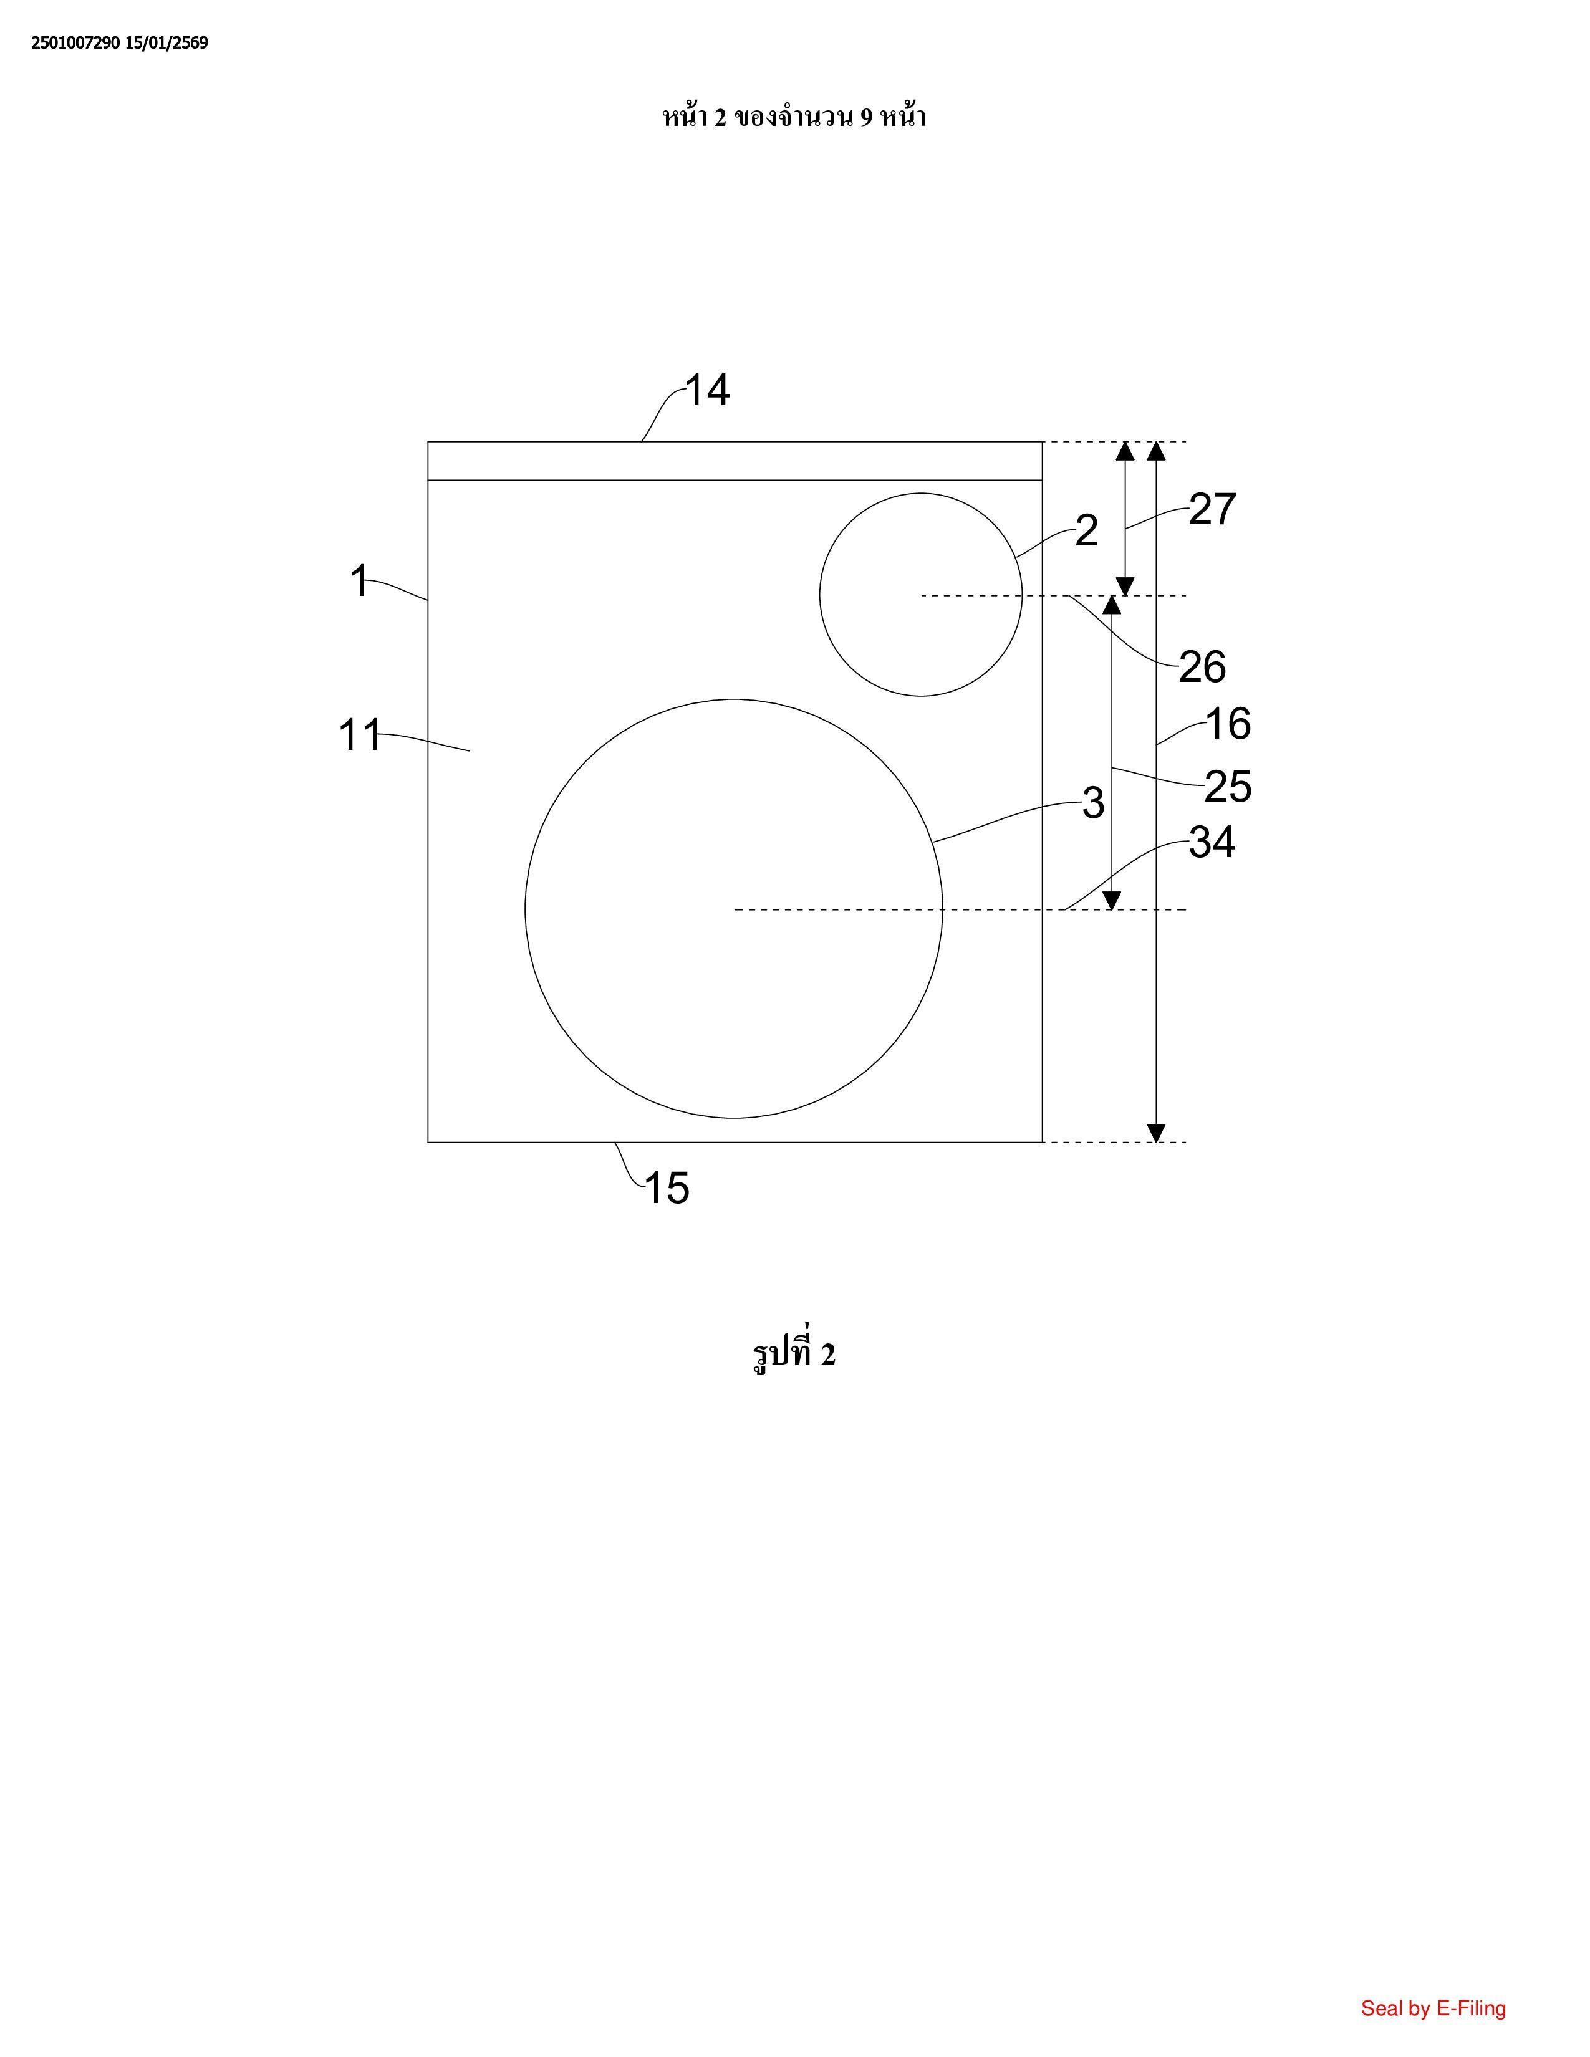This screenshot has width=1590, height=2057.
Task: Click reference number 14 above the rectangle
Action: pyautogui.click(x=706, y=390)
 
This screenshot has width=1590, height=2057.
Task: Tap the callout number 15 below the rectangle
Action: pyautogui.click(x=667, y=1189)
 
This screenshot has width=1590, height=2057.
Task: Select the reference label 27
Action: pyautogui.click(x=1212, y=509)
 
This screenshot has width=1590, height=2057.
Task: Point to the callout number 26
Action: pyautogui.click(x=1203, y=668)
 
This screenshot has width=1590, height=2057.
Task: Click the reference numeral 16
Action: pyautogui.click(x=1228, y=724)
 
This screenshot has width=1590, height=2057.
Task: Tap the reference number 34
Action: pyautogui.click(x=1212, y=843)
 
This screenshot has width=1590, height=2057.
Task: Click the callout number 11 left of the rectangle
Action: pyautogui.click(x=360, y=736)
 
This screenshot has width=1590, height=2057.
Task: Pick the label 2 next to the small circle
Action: pyautogui.click(x=1086, y=531)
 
